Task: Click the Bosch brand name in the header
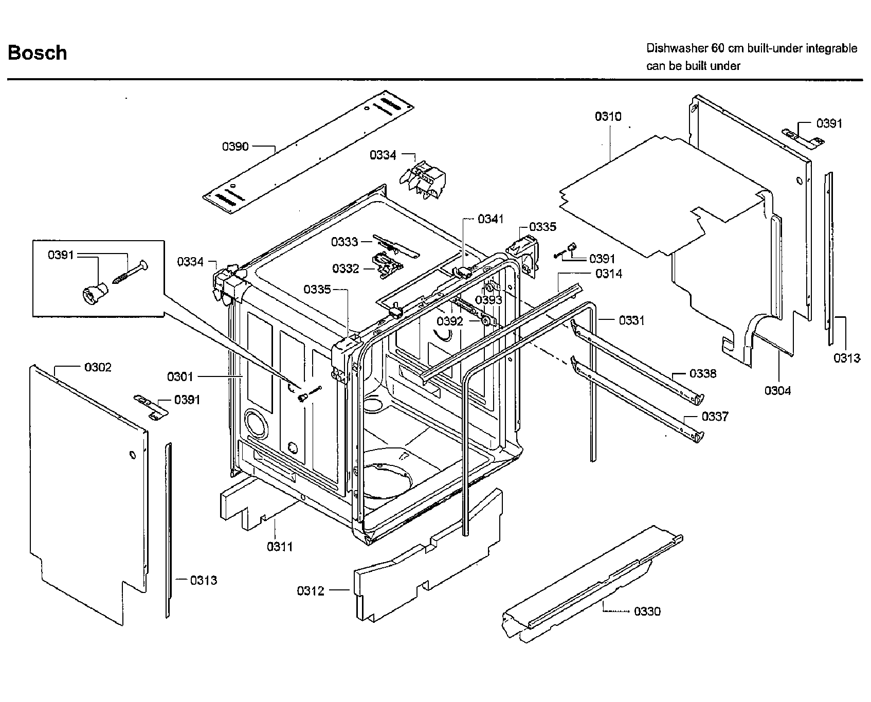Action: click(x=38, y=53)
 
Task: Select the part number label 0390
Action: click(x=235, y=147)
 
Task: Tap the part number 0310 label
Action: click(x=608, y=117)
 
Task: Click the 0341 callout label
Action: click(x=491, y=219)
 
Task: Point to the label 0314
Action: click(x=609, y=274)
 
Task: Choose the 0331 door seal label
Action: click(x=631, y=320)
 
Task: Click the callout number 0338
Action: click(x=703, y=373)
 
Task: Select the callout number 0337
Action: click(x=715, y=416)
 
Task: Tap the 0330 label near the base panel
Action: click(x=647, y=611)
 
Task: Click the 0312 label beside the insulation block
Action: click(x=311, y=591)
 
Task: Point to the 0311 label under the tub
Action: click(x=280, y=547)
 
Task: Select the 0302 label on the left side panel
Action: click(x=98, y=367)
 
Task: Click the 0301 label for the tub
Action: click(x=180, y=377)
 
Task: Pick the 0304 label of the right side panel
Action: click(x=777, y=391)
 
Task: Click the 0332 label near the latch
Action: click(x=346, y=268)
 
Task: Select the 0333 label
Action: click(x=344, y=242)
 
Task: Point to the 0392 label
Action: click(x=450, y=321)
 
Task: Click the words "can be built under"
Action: click(x=693, y=66)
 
